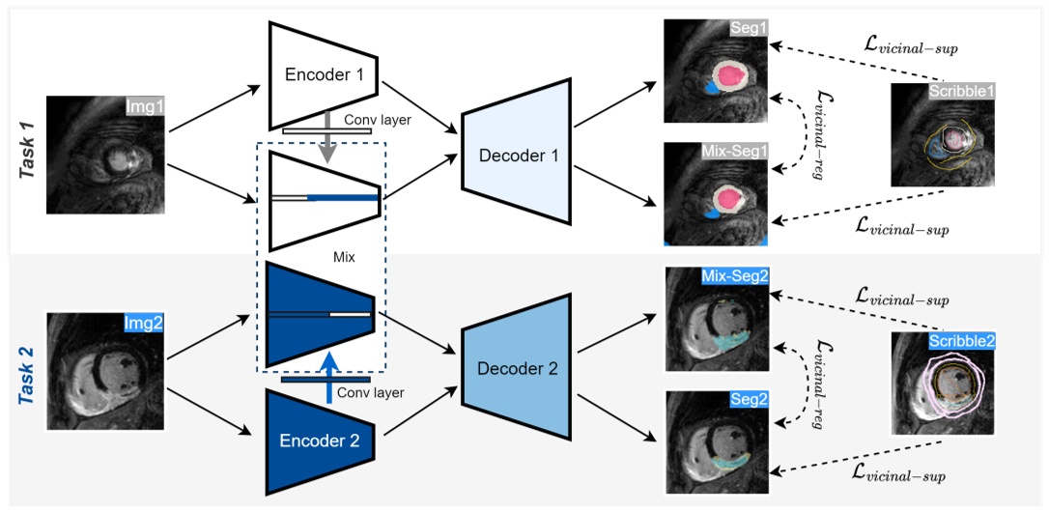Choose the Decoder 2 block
pos(513,368)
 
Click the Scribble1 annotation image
pos(943,134)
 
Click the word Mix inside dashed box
pos(343,258)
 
